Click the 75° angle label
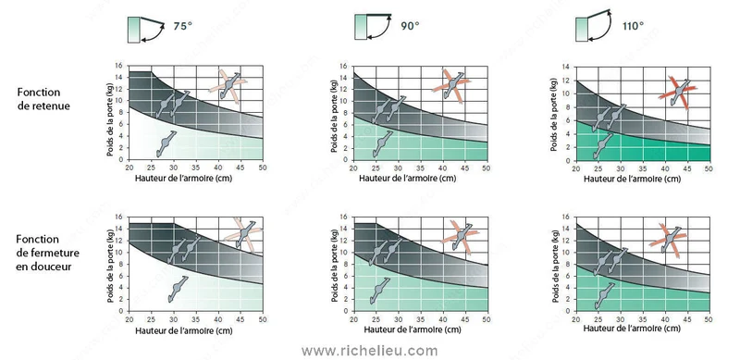tap(182, 26)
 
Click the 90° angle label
tap(410, 26)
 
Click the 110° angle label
tap(633, 26)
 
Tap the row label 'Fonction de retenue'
tap(43, 99)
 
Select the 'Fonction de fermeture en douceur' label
tap(48, 253)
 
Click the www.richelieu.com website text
tap(369, 351)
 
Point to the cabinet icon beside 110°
tap(594, 26)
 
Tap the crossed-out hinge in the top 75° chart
tap(228, 86)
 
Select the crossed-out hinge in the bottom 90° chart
tap(460, 237)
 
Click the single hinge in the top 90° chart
tap(382, 144)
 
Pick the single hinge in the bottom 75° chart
tap(178, 289)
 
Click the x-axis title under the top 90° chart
tap(407, 179)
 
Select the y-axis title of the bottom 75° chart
tap(110, 264)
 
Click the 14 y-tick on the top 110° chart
tap(567, 68)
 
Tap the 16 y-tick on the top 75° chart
tap(119, 66)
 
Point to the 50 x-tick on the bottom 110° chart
tap(709, 319)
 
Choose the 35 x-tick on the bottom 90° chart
tap(420, 319)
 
